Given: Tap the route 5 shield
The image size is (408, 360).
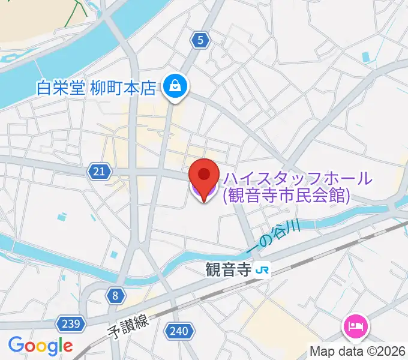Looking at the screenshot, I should tap(200, 41).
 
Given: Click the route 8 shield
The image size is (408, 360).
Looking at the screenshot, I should tap(115, 295).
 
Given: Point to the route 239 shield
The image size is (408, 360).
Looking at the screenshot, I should tap(71, 325).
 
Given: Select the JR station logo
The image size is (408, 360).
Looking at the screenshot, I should tap(262, 271).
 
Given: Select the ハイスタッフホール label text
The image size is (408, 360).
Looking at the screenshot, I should tap(298, 178).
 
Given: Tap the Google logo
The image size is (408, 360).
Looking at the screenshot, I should tap(40, 346).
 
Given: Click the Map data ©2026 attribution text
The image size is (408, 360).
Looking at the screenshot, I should tap(358, 351).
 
